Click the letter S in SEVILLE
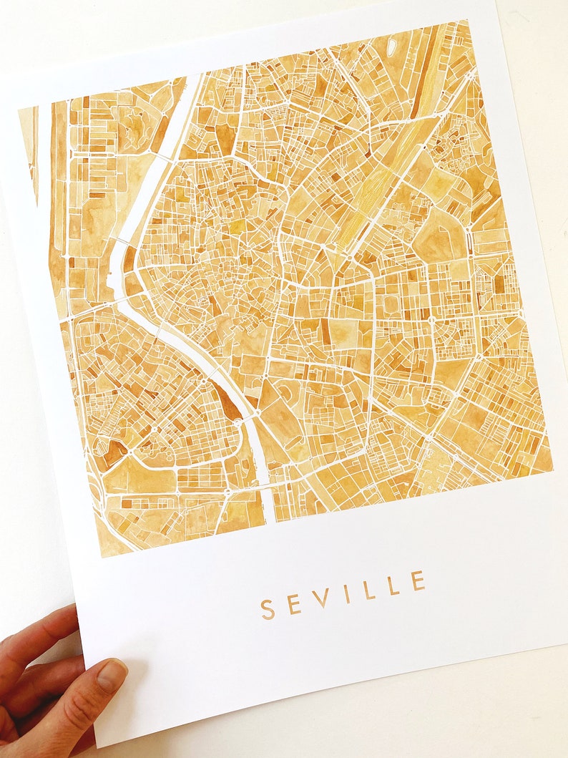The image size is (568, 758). pyautogui.click(x=268, y=609)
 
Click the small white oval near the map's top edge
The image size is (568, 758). pyautogui.click(x=392, y=46)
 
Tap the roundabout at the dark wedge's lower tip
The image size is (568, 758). pyautogui.click(x=238, y=423)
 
